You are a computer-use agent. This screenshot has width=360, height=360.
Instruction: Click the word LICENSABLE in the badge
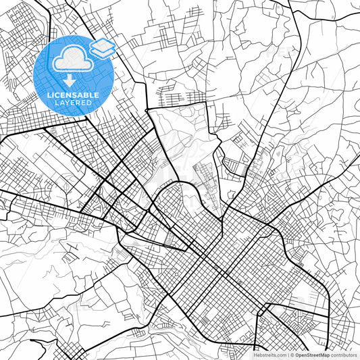point(72,95)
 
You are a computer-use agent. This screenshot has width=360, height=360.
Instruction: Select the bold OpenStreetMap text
point(311,355)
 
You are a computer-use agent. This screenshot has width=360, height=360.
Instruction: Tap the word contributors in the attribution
point(344,355)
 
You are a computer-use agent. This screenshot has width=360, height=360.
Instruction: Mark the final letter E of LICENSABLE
point(97,95)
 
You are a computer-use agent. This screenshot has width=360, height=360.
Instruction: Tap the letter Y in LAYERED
point(68,103)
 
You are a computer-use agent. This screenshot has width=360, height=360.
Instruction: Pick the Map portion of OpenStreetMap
point(325,355)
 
